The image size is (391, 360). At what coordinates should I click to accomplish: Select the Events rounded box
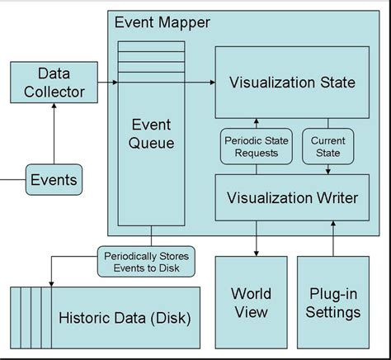click(x=54, y=179)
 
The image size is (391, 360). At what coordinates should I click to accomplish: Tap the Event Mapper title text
click(x=163, y=23)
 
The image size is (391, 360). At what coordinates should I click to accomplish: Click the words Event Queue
click(x=152, y=135)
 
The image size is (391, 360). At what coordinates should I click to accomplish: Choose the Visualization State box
click(x=293, y=83)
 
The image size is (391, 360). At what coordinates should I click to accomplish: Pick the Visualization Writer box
click(x=293, y=197)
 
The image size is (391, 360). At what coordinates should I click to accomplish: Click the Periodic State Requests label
click(x=256, y=147)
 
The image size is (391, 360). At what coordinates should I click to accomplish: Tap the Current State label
click(x=327, y=147)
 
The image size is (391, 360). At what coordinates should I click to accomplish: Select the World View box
click(x=251, y=302)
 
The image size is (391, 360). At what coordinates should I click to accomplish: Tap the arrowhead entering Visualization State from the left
click(x=210, y=83)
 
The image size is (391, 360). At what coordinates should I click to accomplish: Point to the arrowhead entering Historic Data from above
click(x=51, y=282)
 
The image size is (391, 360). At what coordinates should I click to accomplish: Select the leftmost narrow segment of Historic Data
click(x=16, y=318)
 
